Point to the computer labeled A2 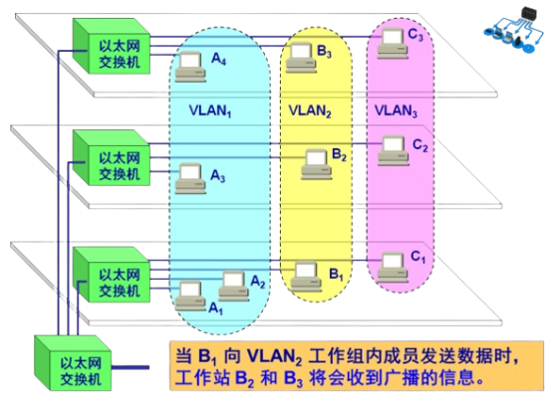232,284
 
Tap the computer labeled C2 393,148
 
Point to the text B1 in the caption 199,355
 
